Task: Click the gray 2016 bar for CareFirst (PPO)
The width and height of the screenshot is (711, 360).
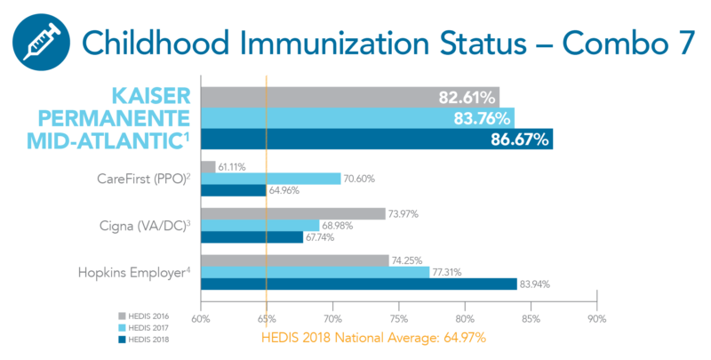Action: coord(208,167)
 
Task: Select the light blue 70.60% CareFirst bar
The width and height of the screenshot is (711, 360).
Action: coord(270,179)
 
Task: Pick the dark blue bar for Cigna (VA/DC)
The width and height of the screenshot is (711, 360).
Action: coord(252,237)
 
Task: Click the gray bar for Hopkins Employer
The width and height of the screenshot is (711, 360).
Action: coord(294,260)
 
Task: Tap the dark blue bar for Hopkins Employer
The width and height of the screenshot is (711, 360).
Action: coord(355,284)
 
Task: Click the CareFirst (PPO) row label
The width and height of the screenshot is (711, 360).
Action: coord(146,179)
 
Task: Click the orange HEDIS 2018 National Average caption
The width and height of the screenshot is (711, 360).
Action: coord(373,338)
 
